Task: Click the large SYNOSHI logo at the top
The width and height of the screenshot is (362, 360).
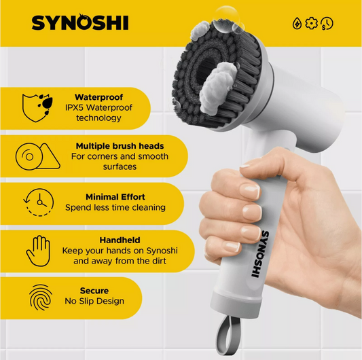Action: (x=80, y=22)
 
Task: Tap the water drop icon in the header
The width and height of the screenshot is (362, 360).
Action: (x=297, y=24)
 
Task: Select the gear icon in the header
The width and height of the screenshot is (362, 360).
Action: (x=312, y=23)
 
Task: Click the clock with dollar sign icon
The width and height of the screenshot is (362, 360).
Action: (x=327, y=24)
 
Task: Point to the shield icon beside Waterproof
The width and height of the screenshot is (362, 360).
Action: (x=37, y=107)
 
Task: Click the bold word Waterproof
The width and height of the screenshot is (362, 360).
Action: (x=98, y=97)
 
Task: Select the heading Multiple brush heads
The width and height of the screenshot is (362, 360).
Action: (x=120, y=146)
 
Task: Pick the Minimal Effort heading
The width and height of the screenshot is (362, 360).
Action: (x=115, y=197)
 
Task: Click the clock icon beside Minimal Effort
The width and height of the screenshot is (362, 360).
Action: (x=39, y=202)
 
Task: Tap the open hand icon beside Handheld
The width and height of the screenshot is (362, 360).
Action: (x=38, y=251)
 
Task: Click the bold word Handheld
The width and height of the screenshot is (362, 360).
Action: (x=120, y=240)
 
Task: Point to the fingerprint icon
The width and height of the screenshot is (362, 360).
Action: (x=41, y=298)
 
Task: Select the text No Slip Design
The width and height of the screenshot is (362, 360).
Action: (x=94, y=301)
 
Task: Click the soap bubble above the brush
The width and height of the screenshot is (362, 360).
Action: (x=225, y=19)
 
